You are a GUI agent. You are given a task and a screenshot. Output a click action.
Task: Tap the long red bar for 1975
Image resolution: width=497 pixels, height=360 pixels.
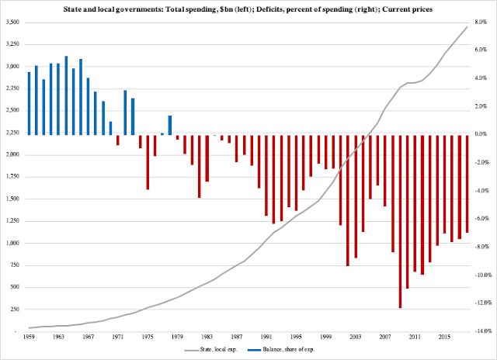(148, 161)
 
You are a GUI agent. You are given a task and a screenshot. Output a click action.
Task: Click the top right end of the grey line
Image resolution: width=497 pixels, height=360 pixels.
(467, 26)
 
